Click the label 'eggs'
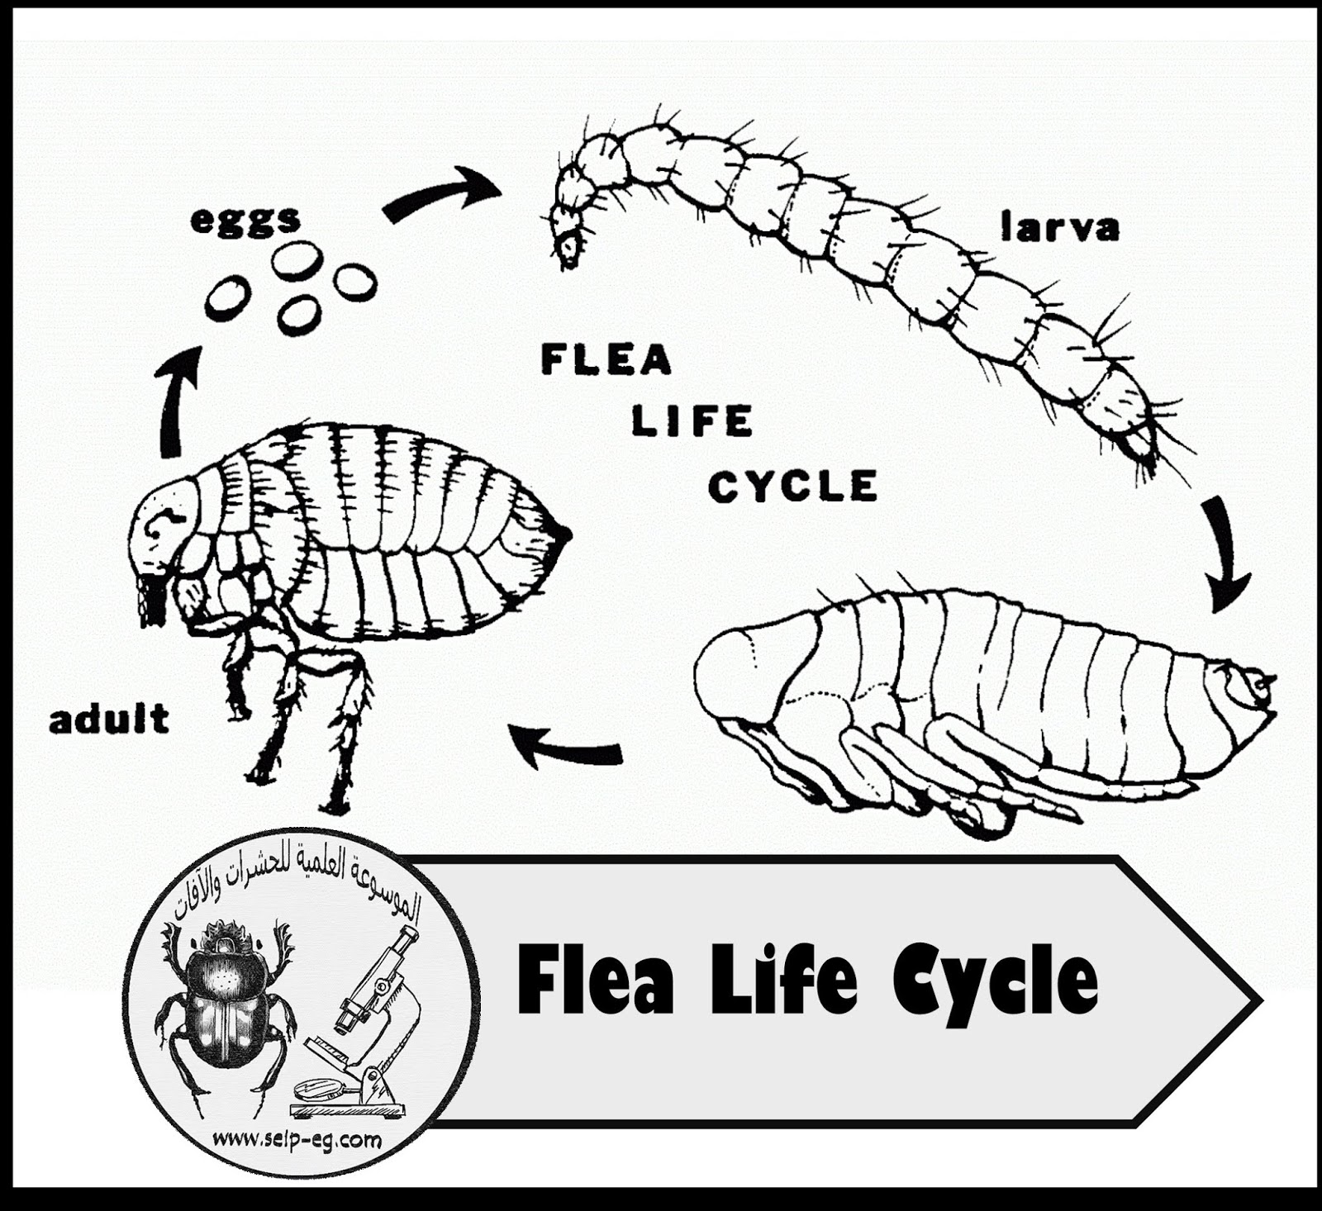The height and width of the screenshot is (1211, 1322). point(245,220)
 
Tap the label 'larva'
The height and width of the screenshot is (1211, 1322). point(1059,227)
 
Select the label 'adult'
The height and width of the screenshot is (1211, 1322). point(109,719)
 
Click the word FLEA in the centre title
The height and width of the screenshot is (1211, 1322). point(606,361)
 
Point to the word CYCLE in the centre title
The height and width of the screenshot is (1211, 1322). point(792,486)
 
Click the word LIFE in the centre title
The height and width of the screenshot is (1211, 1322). point(692,422)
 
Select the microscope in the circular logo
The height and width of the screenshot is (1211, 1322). point(364,1024)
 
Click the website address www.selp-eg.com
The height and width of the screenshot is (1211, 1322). point(297,1141)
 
